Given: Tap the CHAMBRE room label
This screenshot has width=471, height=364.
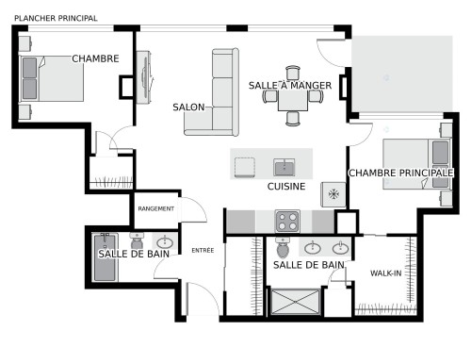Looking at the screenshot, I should click(95, 58).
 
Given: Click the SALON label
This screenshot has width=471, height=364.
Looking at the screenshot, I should click(188, 108).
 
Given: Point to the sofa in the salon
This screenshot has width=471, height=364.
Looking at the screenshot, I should click(223, 91).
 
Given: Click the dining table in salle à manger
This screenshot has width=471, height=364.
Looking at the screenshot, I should click(291, 97).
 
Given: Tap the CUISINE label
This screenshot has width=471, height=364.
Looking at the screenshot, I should click(285, 187).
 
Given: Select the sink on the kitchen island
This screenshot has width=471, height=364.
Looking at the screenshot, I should click(284, 167).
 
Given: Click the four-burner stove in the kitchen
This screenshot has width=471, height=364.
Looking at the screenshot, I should click(286, 221).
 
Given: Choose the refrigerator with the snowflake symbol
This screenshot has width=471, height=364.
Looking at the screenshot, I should click(333, 193).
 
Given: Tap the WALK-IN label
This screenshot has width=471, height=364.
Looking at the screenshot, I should click(386, 273).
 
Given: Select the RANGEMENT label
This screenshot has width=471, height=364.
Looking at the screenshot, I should click(155, 208).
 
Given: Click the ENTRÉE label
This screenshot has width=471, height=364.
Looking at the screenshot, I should click(203, 251).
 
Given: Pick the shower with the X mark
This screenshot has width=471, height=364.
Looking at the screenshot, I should click(295, 301).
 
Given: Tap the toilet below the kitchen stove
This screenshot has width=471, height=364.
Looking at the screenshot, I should click(282, 247).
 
